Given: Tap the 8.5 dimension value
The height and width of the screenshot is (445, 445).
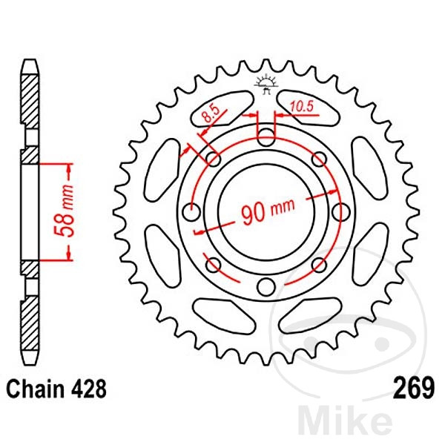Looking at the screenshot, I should pos(210,114).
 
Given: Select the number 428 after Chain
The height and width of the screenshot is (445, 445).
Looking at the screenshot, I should pos(89,388).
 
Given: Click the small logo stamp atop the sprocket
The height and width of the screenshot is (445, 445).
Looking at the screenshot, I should pos(266,84).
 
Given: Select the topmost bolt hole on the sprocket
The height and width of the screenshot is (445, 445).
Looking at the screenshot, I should pos(266,136).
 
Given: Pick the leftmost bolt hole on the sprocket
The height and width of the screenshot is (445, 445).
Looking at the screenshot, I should pos(190,212).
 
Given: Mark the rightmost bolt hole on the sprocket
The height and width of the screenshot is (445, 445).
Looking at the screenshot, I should pos(342,212).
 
